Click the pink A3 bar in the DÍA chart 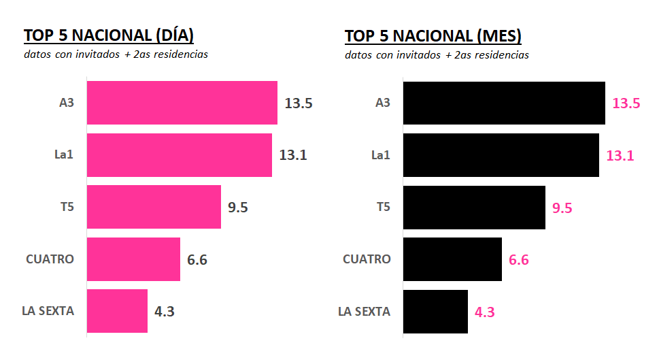coord(182,103)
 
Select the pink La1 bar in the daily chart coord(179,155)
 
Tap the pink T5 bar coord(154,207)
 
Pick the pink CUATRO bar coord(133,259)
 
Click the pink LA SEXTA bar coord(117,311)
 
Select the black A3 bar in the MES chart coord(504,103)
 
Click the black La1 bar coord(501,155)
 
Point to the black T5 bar coord(474,207)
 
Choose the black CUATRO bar coord(452,259)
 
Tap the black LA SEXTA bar coord(435,311)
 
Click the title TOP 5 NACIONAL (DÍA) coord(109,35)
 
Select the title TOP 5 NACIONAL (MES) coord(433,35)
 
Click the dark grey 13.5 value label coord(299,103)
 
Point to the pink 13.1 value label coord(620,155)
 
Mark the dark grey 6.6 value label coord(197,260)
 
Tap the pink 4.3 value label coord(484,312)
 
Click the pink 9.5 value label coord(562,208)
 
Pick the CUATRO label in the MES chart coord(367,259)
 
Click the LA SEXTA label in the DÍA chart coord(48,311)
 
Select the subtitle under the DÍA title coord(116,54)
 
